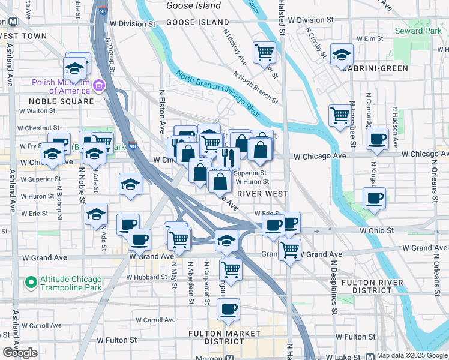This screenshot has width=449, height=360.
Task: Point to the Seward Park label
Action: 412,30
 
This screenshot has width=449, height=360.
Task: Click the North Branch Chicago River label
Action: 217,95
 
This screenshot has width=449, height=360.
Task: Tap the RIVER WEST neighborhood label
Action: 263,194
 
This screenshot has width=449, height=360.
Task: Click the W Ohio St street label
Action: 376,230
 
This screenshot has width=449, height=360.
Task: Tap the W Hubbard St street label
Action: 146,277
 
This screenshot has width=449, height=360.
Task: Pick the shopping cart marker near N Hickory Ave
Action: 264,52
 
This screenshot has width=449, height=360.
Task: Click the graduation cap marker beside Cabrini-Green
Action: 341,55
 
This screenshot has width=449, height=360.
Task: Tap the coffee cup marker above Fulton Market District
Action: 228,309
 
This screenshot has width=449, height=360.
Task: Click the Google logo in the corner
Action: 20,353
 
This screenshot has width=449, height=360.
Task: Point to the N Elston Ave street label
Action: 161,112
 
